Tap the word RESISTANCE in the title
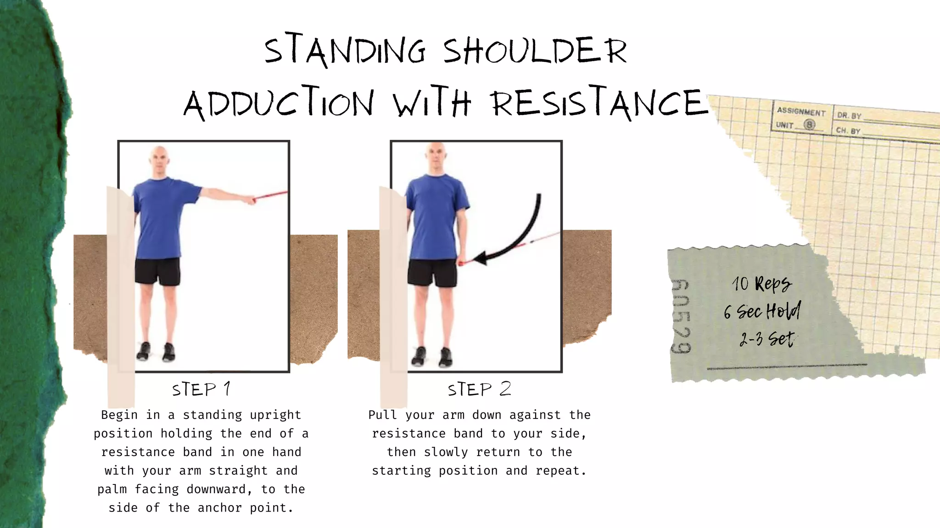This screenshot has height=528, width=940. (x=599, y=103)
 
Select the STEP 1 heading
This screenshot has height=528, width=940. (x=201, y=390)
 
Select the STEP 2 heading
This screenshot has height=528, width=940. (x=479, y=390)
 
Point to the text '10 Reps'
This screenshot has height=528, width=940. (x=761, y=284)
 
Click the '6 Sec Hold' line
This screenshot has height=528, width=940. (x=762, y=312)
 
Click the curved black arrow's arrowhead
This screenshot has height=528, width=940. (x=480, y=258)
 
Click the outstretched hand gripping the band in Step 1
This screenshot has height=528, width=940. (x=250, y=200)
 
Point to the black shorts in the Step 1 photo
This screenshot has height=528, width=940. (x=157, y=271)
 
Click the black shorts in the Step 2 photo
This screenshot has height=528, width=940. (x=432, y=273)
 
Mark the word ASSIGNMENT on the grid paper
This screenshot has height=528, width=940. (x=801, y=111)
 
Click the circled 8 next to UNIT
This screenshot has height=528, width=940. (x=809, y=125)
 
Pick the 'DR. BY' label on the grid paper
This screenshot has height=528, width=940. (x=849, y=116)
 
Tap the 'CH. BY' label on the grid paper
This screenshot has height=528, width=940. (x=848, y=131)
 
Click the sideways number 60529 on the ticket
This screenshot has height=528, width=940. (x=681, y=316)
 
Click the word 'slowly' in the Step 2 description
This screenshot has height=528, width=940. (x=446, y=452)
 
